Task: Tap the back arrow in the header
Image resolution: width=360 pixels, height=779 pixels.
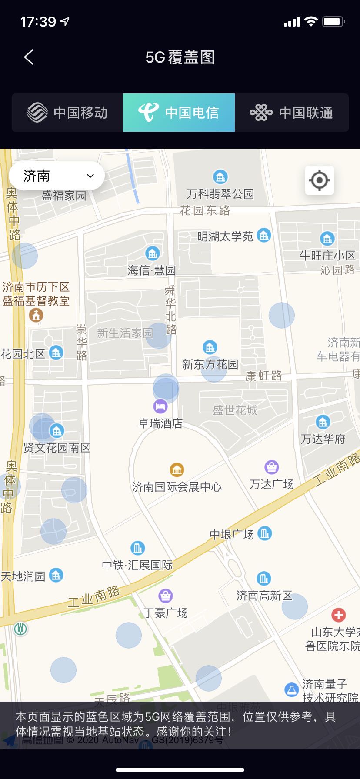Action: coord(29,57)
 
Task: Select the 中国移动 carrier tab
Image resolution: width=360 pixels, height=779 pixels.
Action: coord(67,113)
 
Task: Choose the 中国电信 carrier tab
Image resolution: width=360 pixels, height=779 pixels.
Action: coord(179,113)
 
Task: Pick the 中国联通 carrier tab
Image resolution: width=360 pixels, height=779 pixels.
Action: coord(291,113)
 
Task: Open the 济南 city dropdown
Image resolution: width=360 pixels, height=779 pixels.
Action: coord(57,176)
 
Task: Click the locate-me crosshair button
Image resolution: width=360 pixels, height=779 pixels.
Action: coord(319,180)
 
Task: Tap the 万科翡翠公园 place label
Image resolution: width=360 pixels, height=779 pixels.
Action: coord(220,193)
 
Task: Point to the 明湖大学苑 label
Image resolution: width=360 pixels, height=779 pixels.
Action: coord(225,236)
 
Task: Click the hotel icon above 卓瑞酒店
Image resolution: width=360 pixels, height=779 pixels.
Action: coord(160,406)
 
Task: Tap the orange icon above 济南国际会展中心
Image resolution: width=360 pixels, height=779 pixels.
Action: coord(177,470)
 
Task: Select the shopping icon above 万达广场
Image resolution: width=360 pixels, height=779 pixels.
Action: coord(272,467)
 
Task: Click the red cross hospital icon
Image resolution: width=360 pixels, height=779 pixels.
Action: coord(338,615)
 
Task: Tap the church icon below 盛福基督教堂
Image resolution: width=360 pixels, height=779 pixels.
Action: coord(36,315)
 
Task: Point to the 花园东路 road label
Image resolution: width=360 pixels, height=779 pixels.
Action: coord(205,211)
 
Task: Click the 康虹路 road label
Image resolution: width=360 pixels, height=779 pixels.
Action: coord(263,376)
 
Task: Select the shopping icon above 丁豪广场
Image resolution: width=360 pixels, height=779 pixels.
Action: coord(166,595)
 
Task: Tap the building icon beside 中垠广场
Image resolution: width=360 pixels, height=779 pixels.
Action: coord(264,533)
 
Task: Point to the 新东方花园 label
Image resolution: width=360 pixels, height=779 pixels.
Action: coord(210,364)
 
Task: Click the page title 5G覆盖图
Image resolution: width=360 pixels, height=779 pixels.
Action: coord(180,57)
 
